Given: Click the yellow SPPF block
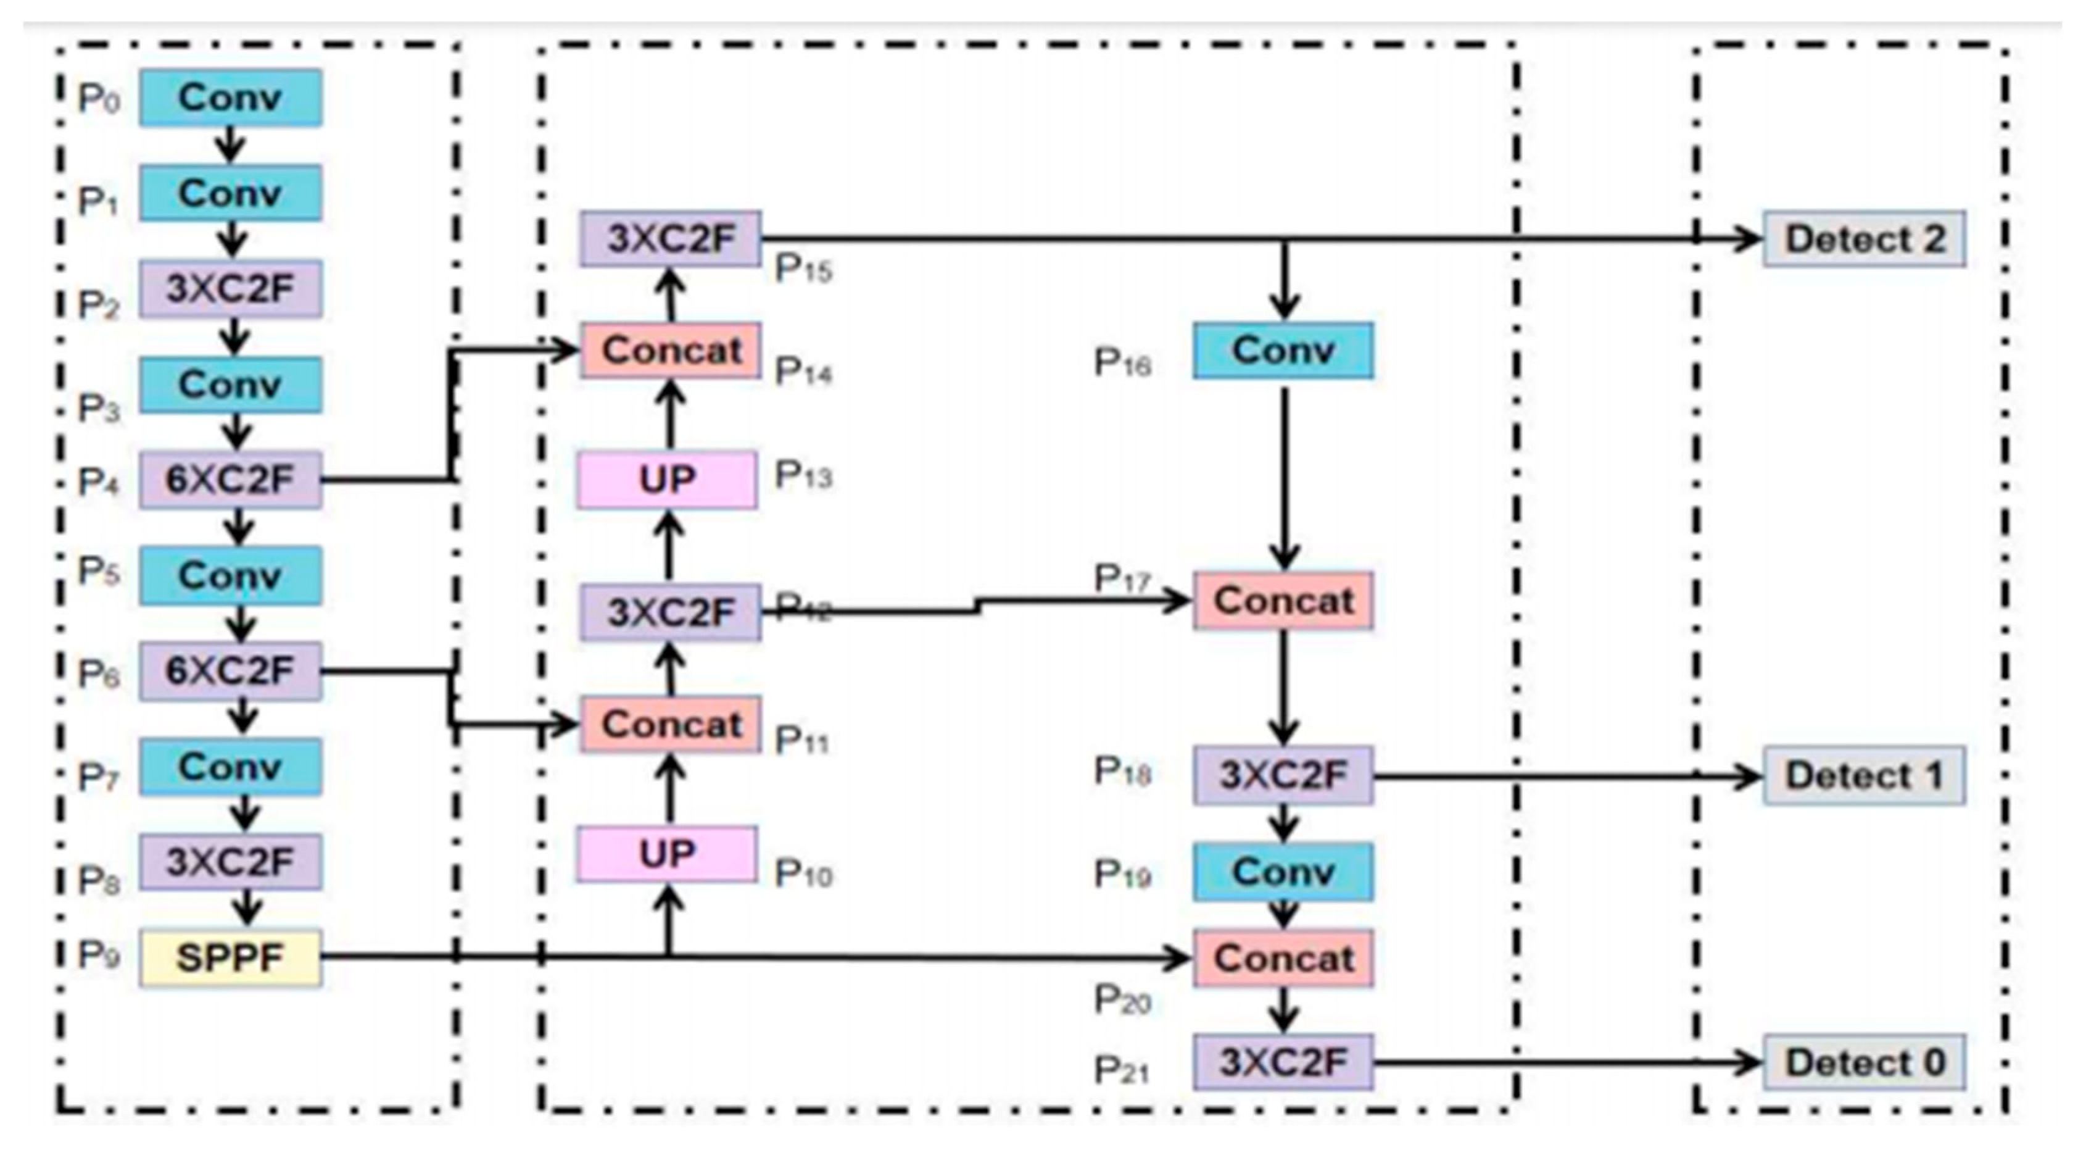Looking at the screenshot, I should (230, 958).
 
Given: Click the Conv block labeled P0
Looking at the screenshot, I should (230, 98).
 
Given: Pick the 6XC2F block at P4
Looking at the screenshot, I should (230, 480).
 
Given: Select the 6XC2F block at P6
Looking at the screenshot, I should (230, 670).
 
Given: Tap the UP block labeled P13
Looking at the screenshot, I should (667, 480).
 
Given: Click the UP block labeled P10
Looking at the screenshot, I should (667, 854).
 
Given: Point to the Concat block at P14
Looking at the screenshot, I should (670, 350).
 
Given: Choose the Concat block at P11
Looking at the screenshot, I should (670, 724).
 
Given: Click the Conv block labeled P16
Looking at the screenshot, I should (1283, 350).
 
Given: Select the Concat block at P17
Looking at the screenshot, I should (1283, 601).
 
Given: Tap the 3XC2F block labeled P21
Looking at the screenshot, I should (1283, 1062).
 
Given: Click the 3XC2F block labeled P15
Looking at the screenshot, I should (670, 239).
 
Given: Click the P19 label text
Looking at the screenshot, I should (1121, 874).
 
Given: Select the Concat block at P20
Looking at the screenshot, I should (1283, 959).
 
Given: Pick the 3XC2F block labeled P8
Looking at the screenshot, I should (230, 862).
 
